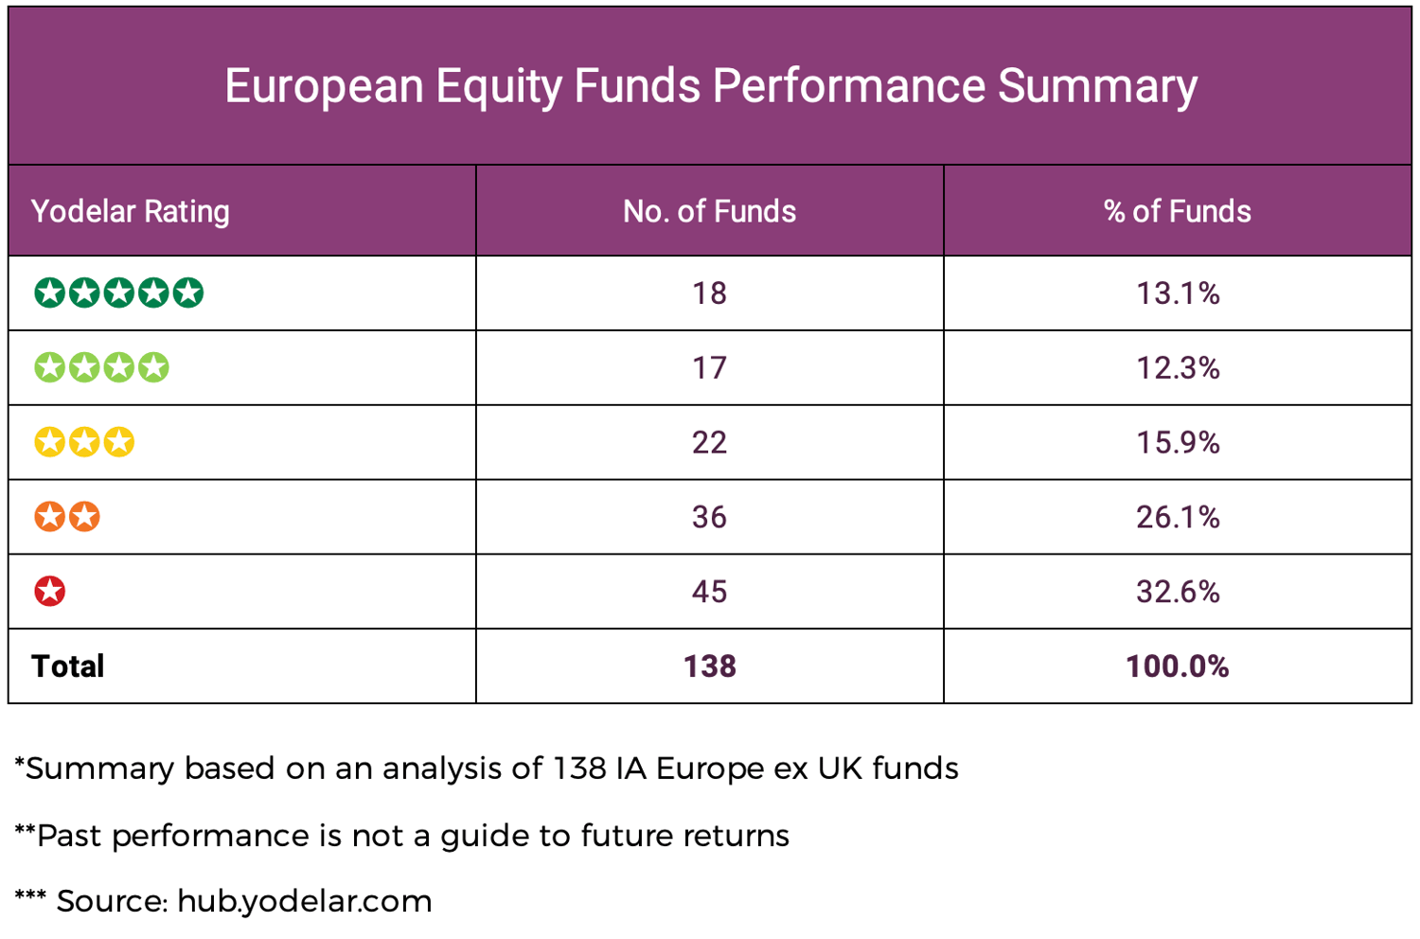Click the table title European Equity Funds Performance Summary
coord(710,86)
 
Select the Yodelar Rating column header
coord(131,211)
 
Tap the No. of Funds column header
coord(709,211)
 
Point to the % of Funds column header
coord(1177,211)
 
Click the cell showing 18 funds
coord(709,293)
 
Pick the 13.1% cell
coord(1178,293)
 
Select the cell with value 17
coord(709,367)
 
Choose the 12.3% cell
coord(1178,367)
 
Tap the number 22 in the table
coord(709,442)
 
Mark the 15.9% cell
coord(1178,442)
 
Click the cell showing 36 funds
coord(709,517)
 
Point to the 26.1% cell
coord(1178,517)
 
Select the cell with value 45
coord(709,592)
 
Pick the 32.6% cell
coord(1178,592)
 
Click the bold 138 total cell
coord(709,666)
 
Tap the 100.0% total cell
coord(1177,666)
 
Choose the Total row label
coord(68,666)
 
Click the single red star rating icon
coord(50,592)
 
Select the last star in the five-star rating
coord(187,292)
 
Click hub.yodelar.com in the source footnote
coord(304,901)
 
